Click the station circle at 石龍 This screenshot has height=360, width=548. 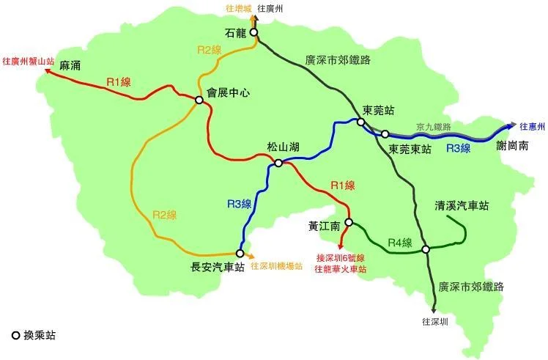point(253,32)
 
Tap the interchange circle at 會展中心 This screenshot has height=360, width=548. point(199,100)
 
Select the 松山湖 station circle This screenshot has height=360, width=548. point(278,164)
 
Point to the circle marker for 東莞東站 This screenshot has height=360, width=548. point(385,134)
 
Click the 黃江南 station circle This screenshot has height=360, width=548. point(349,222)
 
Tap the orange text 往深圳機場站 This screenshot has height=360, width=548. point(276,266)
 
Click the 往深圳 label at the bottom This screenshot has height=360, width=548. point(435,321)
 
